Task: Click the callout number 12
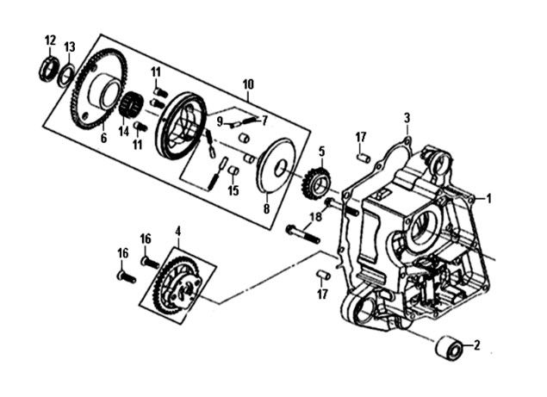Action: pyautogui.click(x=50, y=40)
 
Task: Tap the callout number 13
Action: pyautogui.click(x=70, y=46)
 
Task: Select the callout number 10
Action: pyautogui.click(x=249, y=84)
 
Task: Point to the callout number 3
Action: pyautogui.click(x=407, y=118)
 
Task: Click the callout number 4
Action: pyautogui.click(x=177, y=230)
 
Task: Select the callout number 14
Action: pyautogui.click(x=124, y=132)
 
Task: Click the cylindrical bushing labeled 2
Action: pyautogui.click(x=447, y=349)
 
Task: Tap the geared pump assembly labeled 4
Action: pyautogui.click(x=177, y=280)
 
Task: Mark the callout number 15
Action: pyautogui.click(x=233, y=190)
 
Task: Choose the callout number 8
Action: pyautogui.click(x=266, y=208)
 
